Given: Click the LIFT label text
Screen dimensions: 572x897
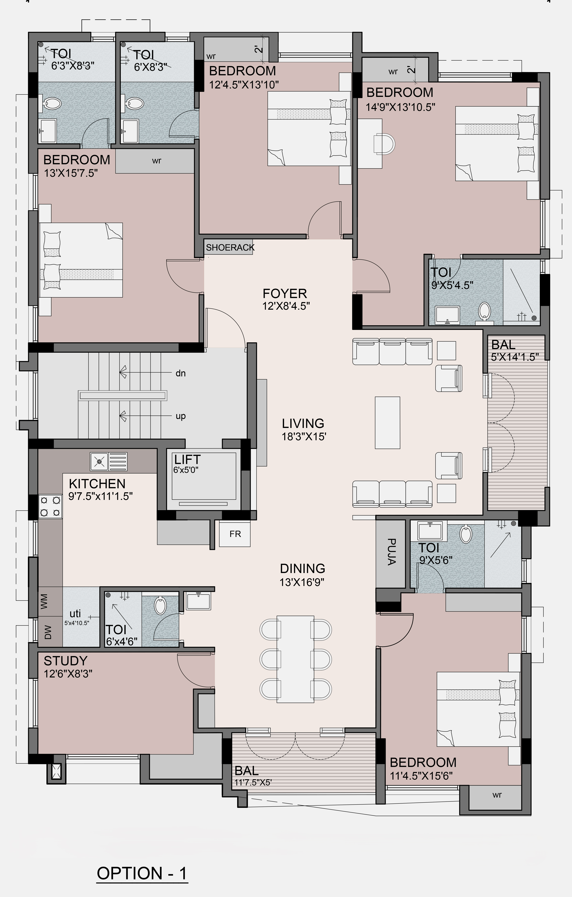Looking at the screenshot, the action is click(x=188, y=459).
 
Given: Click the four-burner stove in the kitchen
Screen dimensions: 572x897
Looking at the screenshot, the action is click(x=50, y=507).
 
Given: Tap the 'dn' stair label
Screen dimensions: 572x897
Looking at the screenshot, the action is click(x=181, y=373).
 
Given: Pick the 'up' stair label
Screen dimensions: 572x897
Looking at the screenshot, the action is click(x=181, y=416).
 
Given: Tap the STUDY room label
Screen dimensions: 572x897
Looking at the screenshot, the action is click(x=65, y=661).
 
